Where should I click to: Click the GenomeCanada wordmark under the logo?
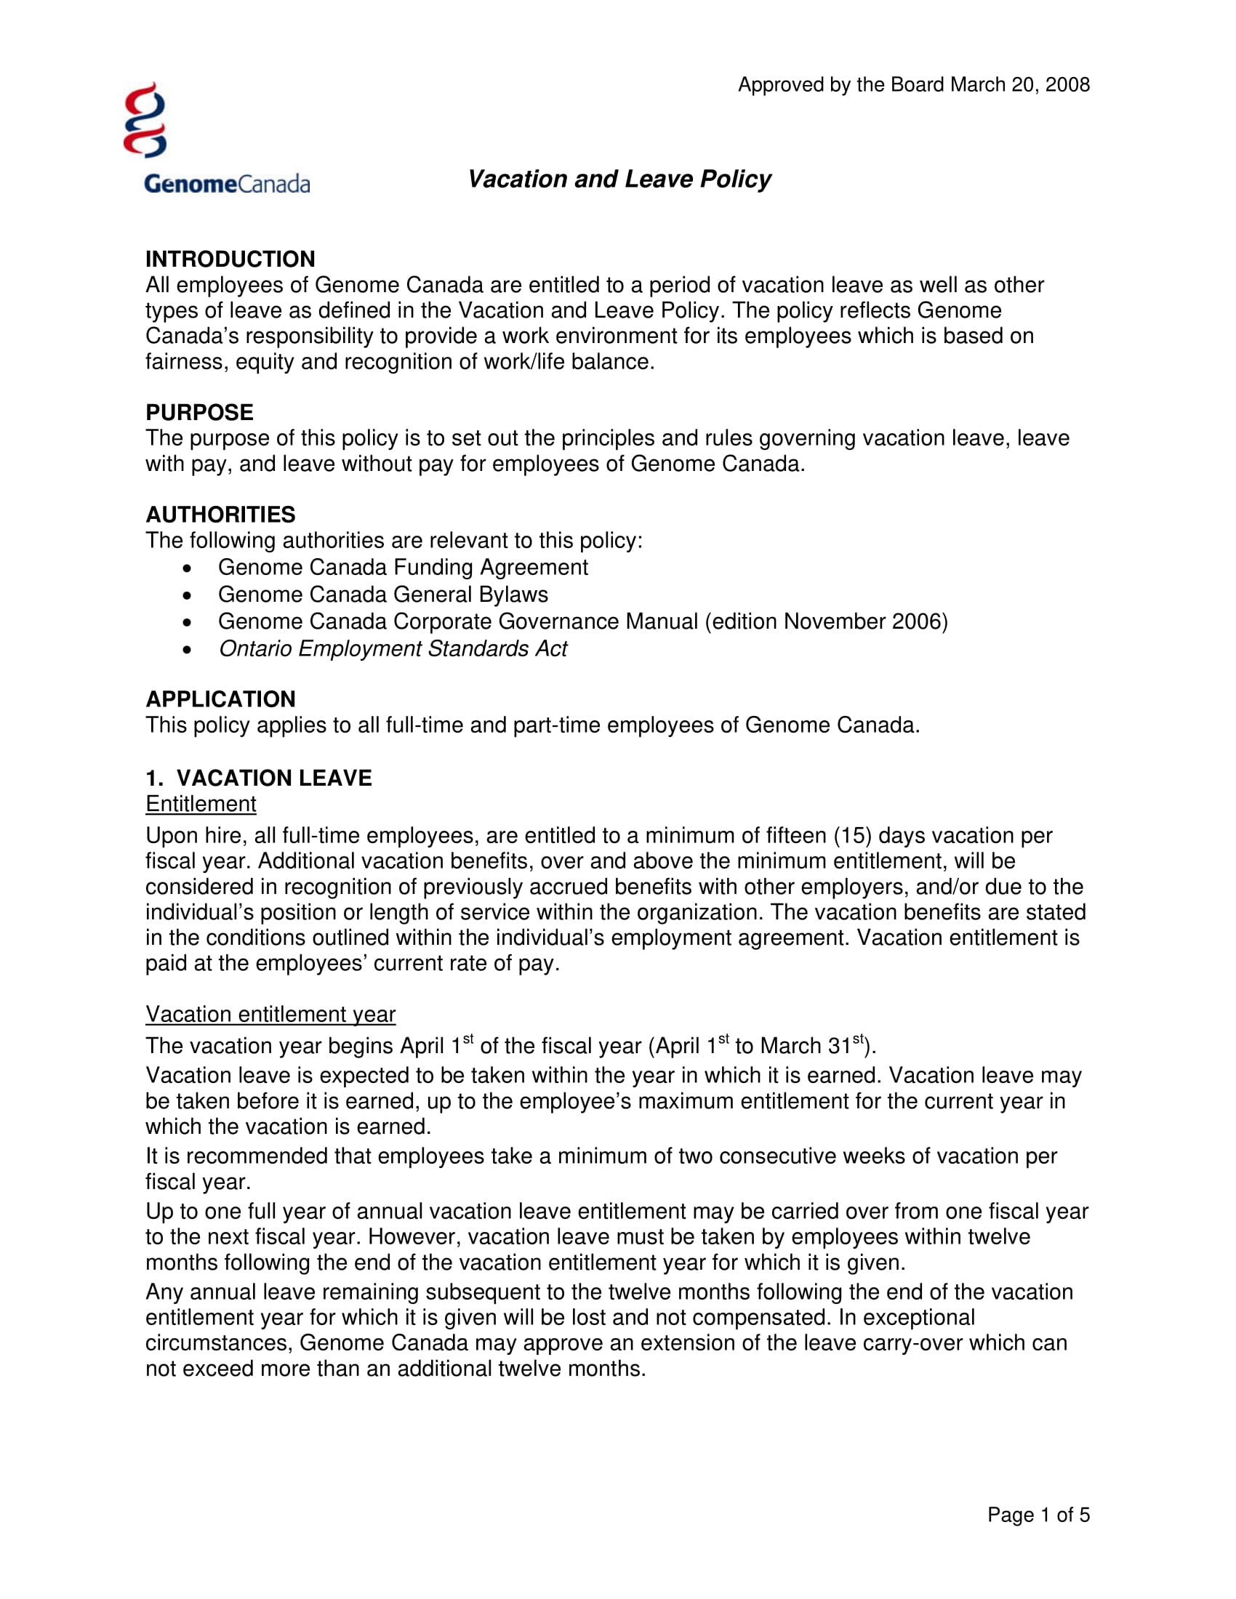[x=227, y=183]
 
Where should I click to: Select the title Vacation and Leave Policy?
[x=619, y=180]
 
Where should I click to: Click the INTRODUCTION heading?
[x=230, y=259]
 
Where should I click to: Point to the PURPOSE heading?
[x=199, y=412]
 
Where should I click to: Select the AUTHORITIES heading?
[x=220, y=515]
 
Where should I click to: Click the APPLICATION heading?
[x=220, y=699]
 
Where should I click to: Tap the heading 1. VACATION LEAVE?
[x=259, y=778]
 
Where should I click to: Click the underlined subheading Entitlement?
[x=201, y=804]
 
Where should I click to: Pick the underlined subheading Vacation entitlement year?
[x=270, y=1014]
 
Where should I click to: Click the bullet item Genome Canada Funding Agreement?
[x=403, y=568]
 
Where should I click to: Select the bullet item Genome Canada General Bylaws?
[x=383, y=595]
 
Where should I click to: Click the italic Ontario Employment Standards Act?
[x=393, y=648]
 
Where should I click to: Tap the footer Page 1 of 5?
[x=1038, y=1515]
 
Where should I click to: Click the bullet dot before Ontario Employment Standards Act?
[x=188, y=649]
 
